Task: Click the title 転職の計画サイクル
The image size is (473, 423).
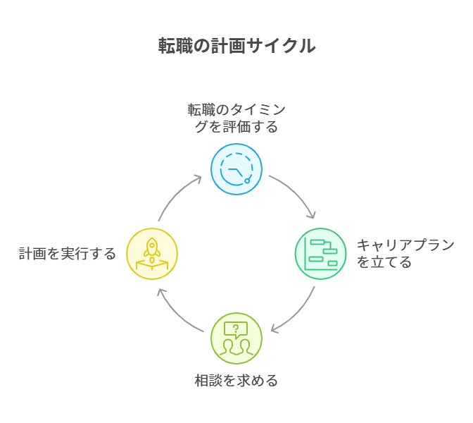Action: click(x=237, y=47)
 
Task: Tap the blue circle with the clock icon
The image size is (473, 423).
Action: click(x=237, y=169)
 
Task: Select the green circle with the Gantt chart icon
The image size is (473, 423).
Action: click(x=320, y=254)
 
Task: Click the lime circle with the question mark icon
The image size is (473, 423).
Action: click(x=237, y=338)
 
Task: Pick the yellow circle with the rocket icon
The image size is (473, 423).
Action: click(x=152, y=254)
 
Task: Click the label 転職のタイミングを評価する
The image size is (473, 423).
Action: click(x=237, y=118)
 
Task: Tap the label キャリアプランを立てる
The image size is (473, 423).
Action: click(x=405, y=254)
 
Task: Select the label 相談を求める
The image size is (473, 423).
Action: click(x=237, y=381)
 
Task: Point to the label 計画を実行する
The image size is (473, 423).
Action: click(x=68, y=254)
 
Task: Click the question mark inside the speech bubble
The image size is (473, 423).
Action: click(x=236, y=328)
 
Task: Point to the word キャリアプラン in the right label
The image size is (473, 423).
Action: click(x=405, y=245)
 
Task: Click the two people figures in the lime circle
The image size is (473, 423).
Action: click(x=236, y=346)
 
